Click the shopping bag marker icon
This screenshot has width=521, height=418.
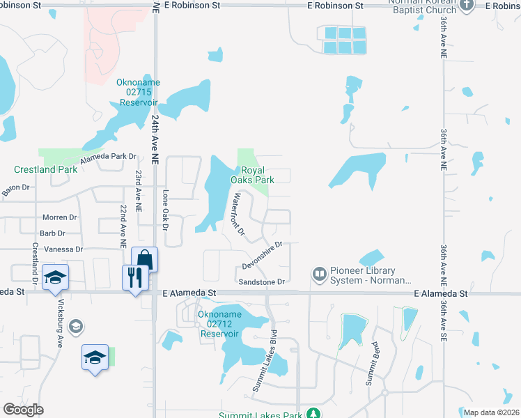tap(144, 259)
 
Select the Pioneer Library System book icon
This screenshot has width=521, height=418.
tap(320, 274)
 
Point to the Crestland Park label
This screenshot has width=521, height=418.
tap(46, 169)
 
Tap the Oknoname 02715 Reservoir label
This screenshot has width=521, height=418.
tap(138, 92)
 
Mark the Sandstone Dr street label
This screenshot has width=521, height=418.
tap(262, 282)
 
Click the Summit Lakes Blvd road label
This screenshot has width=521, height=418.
tap(264, 359)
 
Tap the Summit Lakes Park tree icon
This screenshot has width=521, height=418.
tap(313, 414)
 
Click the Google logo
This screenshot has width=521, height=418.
tap(23, 410)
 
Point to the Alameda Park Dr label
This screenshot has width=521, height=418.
tap(108, 157)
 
